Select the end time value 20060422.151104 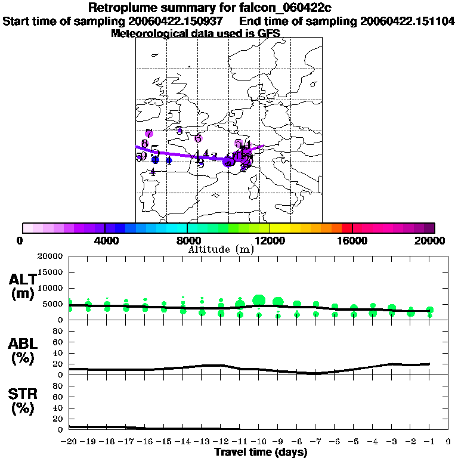408,21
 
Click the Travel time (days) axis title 261,452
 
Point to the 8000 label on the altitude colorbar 187,240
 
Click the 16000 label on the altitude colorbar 352,240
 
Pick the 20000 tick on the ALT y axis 51,256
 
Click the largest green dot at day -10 259,300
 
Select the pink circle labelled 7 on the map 148,134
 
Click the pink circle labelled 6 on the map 199,138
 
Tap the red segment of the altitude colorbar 347,228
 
